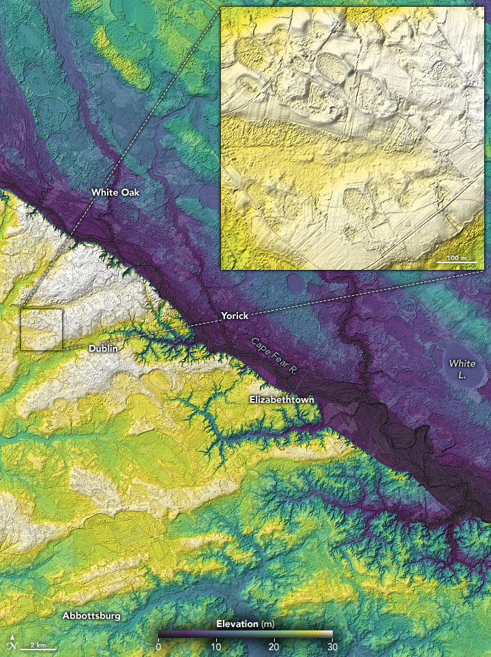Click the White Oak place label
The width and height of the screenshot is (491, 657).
coord(115,193)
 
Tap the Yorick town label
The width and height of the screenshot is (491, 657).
coord(235,316)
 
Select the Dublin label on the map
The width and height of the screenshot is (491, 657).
coord(104,348)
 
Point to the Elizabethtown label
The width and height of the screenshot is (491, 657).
coord(281,399)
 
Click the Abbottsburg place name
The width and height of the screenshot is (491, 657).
coord(91,615)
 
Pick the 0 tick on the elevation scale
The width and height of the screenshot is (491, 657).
coord(158,646)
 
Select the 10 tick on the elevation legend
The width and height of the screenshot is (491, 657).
coord(215,646)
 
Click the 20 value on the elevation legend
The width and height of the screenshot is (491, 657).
coord(273,646)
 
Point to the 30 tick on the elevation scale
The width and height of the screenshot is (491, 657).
coord(331,646)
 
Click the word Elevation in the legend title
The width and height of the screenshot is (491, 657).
coord(237,624)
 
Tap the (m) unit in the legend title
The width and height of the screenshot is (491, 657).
coord(267,624)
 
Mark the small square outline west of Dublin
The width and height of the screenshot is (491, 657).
coord(42,329)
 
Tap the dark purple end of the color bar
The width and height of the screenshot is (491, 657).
coord(161,635)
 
